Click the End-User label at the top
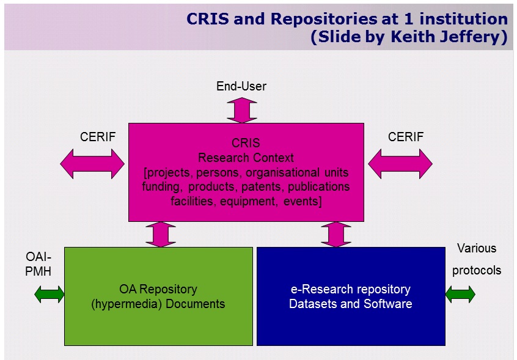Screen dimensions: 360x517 pos(241,87)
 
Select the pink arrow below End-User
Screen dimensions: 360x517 pos(242,110)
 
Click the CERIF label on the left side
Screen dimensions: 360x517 pos(98,137)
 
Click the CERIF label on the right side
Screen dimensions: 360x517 pos(406,137)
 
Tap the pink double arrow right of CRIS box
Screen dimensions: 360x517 pos(400,163)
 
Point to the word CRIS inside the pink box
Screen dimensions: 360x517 pos(246,143)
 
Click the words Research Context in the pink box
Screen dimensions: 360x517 pos(246,158)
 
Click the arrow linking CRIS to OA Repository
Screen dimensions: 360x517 pos(161,234)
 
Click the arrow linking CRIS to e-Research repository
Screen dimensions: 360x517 pos(335,234)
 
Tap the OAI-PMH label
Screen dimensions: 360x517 pos(38,263)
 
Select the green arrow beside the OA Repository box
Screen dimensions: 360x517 pos(50,295)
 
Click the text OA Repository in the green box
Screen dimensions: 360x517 pos(158,289)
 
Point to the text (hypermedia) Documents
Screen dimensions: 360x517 pos(158,304)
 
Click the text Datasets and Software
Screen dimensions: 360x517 pos(350,304)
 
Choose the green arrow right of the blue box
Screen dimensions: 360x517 pos(460,295)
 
